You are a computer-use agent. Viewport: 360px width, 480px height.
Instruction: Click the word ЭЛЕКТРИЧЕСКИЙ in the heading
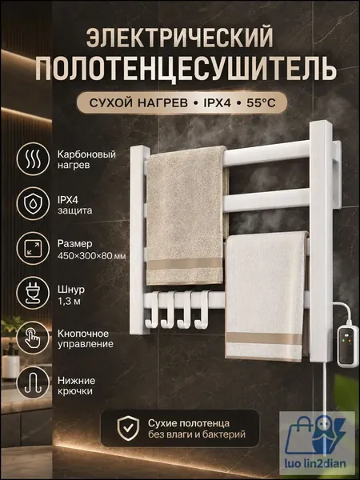179,38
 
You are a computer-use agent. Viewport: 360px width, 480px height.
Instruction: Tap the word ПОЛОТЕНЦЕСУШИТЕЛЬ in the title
186,69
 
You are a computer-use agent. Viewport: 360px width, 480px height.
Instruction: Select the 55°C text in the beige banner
261,103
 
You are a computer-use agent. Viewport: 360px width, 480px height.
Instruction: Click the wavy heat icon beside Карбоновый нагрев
33,159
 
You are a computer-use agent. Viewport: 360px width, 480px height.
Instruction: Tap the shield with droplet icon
33,204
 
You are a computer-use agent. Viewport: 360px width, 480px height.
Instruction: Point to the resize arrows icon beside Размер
33,248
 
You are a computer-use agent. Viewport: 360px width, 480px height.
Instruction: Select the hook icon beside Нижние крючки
33,382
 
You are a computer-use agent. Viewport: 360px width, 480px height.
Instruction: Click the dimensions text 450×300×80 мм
91,256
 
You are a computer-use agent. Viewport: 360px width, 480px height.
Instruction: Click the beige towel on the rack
186,215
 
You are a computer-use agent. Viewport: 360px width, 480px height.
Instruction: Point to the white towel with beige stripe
266,296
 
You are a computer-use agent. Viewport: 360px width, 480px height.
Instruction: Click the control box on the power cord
347,346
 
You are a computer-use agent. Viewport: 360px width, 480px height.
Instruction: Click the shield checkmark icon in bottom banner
128,428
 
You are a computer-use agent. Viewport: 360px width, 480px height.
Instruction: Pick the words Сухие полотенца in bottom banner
189,423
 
